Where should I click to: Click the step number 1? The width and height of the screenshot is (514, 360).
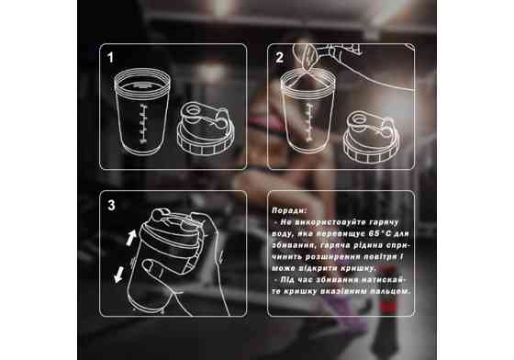pyautogui.click(x=110, y=57)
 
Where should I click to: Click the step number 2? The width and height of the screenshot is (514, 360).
pyautogui.click(x=279, y=57)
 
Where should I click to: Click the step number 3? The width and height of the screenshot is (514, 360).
pyautogui.click(x=111, y=205)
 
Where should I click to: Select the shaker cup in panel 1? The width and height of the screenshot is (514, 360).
pyautogui.click(x=142, y=111)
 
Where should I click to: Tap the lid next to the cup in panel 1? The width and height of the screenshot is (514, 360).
pyautogui.click(x=206, y=129)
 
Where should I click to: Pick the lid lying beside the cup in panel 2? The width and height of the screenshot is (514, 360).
pyautogui.click(x=372, y=137)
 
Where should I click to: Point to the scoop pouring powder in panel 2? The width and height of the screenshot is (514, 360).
pyautogui.click(x=306, y=57)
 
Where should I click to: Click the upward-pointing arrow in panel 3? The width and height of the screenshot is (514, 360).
pyautogui.click(x=131, y=238)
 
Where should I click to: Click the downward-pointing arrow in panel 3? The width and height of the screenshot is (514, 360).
pyautogui.click(x=118, y=275)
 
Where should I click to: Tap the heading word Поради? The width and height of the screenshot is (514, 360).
pyautogui.click(x=290, y=210)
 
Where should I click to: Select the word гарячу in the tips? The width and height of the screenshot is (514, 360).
pyautogui.click(x=384, y=222)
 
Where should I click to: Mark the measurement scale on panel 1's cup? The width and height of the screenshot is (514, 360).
pyautogui.click(x=143, y=124)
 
